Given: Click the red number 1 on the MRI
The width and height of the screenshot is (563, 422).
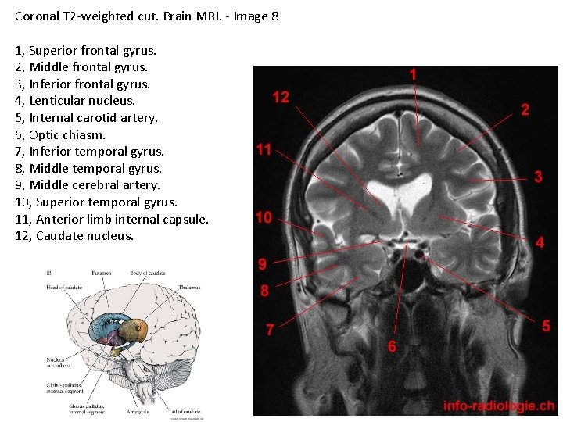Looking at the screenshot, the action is point(413,73).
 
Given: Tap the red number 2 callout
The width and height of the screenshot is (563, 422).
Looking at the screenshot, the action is point(525,109).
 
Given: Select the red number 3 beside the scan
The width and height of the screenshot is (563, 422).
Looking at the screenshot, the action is point(538,177).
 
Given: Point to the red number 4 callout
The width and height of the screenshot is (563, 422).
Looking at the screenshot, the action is point(540,243).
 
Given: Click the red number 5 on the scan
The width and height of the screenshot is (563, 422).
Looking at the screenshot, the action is point(546,326).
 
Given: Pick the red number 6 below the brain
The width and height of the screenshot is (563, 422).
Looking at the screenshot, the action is point(392,345).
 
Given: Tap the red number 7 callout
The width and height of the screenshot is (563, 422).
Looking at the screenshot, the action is point(270,330).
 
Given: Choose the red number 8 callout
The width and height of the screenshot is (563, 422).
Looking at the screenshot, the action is point(264,291).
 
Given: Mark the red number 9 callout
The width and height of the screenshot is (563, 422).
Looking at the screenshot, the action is point(263,264).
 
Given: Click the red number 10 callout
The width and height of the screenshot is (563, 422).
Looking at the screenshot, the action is point(264,217).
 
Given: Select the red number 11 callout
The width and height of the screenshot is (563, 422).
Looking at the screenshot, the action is point(264,149).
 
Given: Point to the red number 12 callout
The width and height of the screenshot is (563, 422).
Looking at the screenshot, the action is point(281,97).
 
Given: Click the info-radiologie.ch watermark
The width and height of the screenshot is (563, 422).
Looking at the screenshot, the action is point(498,406).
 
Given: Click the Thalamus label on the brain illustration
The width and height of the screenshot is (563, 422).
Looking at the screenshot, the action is point(188,288).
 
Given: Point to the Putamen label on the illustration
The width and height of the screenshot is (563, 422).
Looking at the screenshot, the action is point(100,274).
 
